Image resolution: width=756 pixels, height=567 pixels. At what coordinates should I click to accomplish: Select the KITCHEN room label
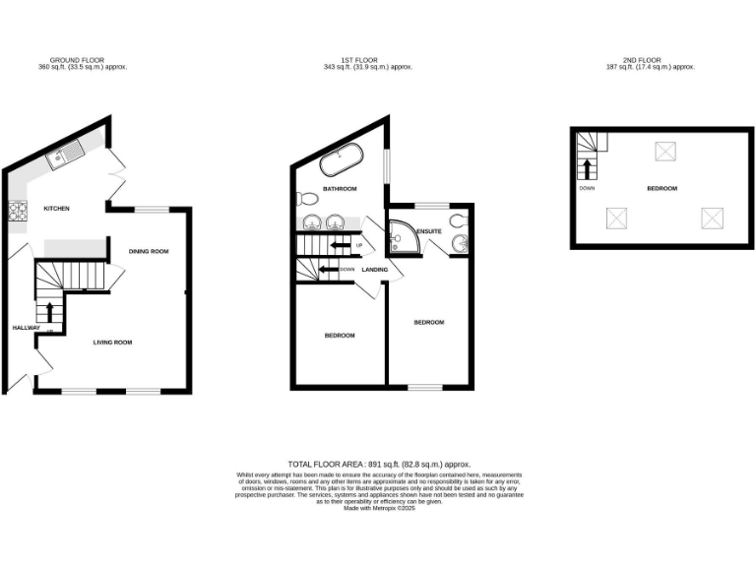coord(55,209)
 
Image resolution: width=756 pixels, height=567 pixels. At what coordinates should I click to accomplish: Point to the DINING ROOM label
coord(149,252)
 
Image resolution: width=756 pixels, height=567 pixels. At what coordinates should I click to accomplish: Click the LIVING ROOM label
coord(112,343)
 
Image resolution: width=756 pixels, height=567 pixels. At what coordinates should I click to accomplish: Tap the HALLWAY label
coord(25,328)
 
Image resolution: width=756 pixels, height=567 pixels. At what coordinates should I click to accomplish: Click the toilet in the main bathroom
coord(304,196)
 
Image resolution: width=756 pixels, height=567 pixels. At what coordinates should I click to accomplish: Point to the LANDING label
coord(374,270)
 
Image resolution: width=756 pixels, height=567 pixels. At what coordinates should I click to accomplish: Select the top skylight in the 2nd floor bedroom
coord(665,151)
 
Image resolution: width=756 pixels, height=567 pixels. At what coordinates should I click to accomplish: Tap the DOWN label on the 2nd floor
coord(587,188)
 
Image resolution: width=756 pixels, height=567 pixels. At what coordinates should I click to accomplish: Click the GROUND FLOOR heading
coord(83,60)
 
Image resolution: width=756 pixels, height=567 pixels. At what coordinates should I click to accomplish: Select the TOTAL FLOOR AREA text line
coord(378,463)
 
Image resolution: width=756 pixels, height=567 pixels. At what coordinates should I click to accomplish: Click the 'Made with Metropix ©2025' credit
coord(378,508)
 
